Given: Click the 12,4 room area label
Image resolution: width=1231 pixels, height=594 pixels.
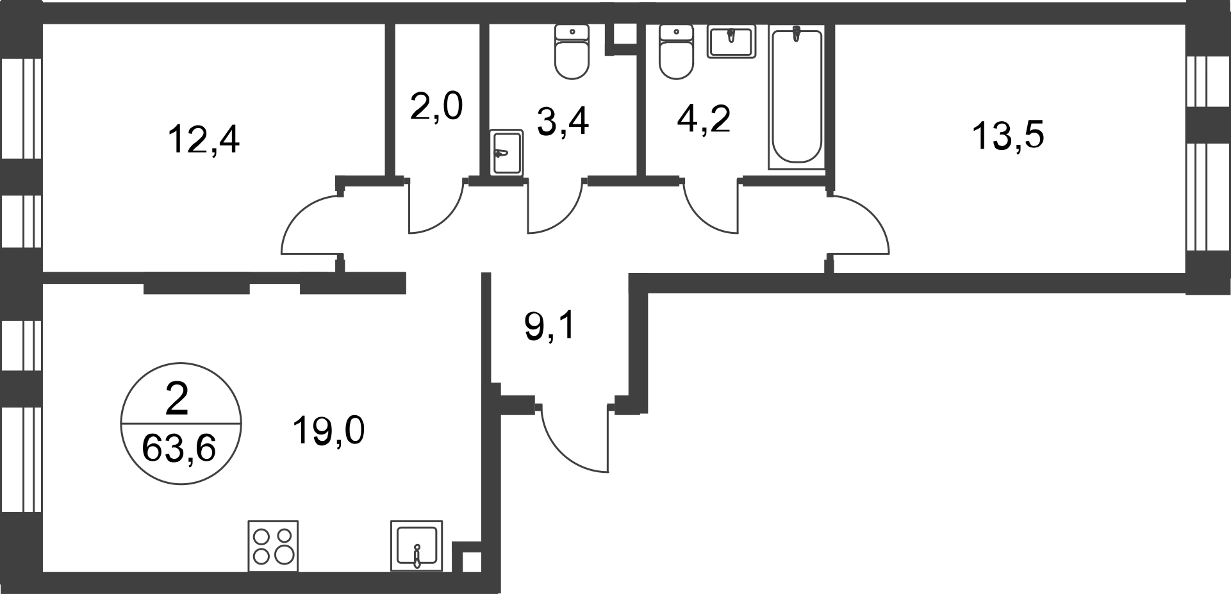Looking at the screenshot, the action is coord(204,140).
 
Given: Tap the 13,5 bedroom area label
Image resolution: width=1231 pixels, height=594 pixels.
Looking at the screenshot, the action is coord(1008,136).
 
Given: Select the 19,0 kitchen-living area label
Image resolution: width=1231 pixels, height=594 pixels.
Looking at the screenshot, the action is coord(329,430).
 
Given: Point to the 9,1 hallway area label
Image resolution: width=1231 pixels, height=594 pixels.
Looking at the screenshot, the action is coord(551,327).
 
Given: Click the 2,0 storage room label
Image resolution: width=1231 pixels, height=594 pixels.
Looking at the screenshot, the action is coord(436,106).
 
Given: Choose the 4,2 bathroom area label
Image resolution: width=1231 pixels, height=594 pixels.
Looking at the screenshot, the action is coord(704,119).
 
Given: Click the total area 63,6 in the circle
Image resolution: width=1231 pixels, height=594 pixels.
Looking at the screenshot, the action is coord(178,448).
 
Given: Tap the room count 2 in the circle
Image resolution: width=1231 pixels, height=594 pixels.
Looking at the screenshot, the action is coord(177,400).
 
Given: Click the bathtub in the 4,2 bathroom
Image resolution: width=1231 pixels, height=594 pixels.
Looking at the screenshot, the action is coord(797,97).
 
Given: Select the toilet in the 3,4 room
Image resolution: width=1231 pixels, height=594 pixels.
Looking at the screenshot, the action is coord(572,52).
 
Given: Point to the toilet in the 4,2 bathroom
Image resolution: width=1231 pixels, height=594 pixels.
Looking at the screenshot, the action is coord(677,52).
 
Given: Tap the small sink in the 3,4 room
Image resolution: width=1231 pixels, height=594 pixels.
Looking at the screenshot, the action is coord(507,152).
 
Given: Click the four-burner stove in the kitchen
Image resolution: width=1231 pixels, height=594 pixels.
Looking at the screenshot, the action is coord(273,546).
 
